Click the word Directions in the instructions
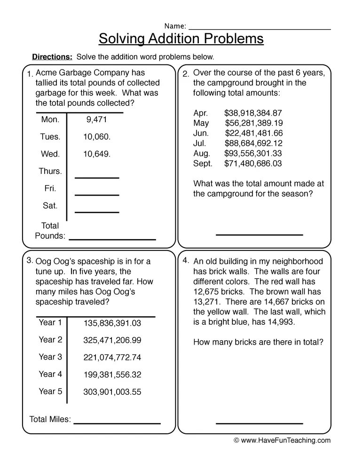(52, 57)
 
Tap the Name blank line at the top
(260, 29)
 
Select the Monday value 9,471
(96, 120)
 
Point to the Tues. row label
(50, 137)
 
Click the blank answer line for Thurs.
(97, 177)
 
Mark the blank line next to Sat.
(97, 211)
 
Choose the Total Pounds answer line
(112, 239)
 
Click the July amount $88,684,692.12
(253, 143)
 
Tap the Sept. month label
(203, 164)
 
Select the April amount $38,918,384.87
(253, 113)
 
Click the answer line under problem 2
(259, 234)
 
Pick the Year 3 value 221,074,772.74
(112, 358)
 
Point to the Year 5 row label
(50, 392)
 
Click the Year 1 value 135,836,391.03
(112, 323)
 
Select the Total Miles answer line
(117, 423)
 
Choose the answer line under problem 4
(259, 423)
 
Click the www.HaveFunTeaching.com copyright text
(282, 441)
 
